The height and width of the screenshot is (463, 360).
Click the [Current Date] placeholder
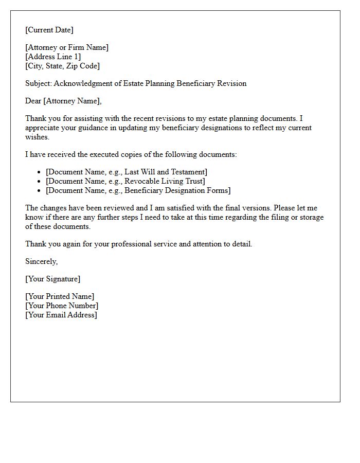point(49,30)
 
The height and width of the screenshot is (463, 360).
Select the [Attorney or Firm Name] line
point(67,47)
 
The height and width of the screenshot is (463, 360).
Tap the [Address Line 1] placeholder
point(53,57)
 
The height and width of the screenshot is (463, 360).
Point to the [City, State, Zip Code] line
point(63,66)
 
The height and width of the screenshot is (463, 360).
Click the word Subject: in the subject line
point(39,83)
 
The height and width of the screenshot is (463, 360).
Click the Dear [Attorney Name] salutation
point(64,101)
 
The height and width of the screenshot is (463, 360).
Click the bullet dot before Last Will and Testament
point(40,172)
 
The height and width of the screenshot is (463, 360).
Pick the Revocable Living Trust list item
point(125,181)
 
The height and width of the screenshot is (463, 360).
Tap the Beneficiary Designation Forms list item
point(138,190)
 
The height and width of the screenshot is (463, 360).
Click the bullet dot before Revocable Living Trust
point(40,182)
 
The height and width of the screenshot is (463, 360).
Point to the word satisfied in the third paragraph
point(172,208)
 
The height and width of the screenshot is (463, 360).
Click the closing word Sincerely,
point(42,261)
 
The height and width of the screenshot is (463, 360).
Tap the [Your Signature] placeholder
point(53,279)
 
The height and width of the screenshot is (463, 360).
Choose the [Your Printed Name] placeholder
point(60,296)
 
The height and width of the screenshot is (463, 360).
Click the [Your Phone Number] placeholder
point(62,306)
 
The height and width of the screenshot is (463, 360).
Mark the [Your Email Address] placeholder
point(61,315)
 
